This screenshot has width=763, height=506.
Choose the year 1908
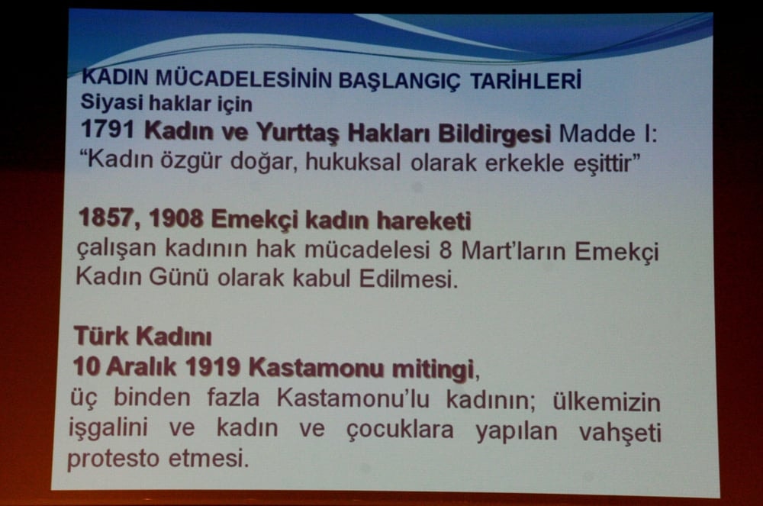click(x=175, y=221)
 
